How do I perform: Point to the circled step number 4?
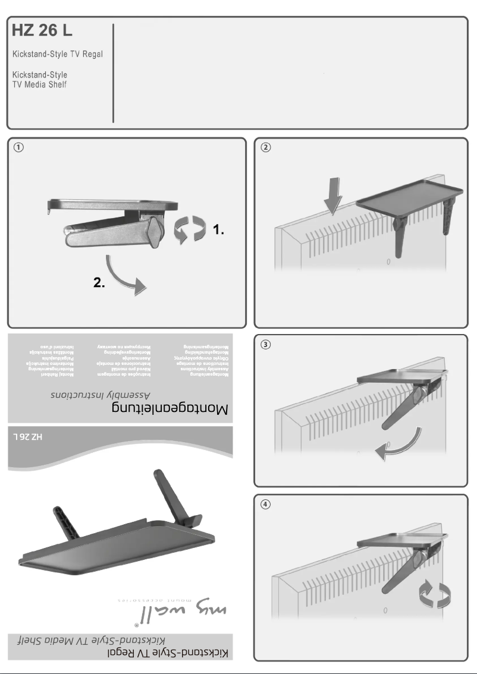pyautogui.click(x=266, y=504)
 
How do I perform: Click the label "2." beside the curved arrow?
pyautogui.click(x=100, y=283)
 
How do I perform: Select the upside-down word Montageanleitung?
pyautogui.click(x=170, y=410)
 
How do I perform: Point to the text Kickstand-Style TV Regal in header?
pyautogui.click(x=58, y=55)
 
